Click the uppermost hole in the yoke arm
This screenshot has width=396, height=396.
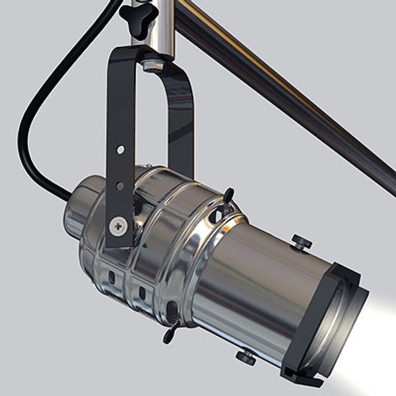pyautogui.click(x=120, y=150)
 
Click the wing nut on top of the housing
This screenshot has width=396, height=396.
pyautogui.click(x=226, y=199)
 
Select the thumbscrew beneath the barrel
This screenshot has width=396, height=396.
pyautogui.click(x=246, y=357)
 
